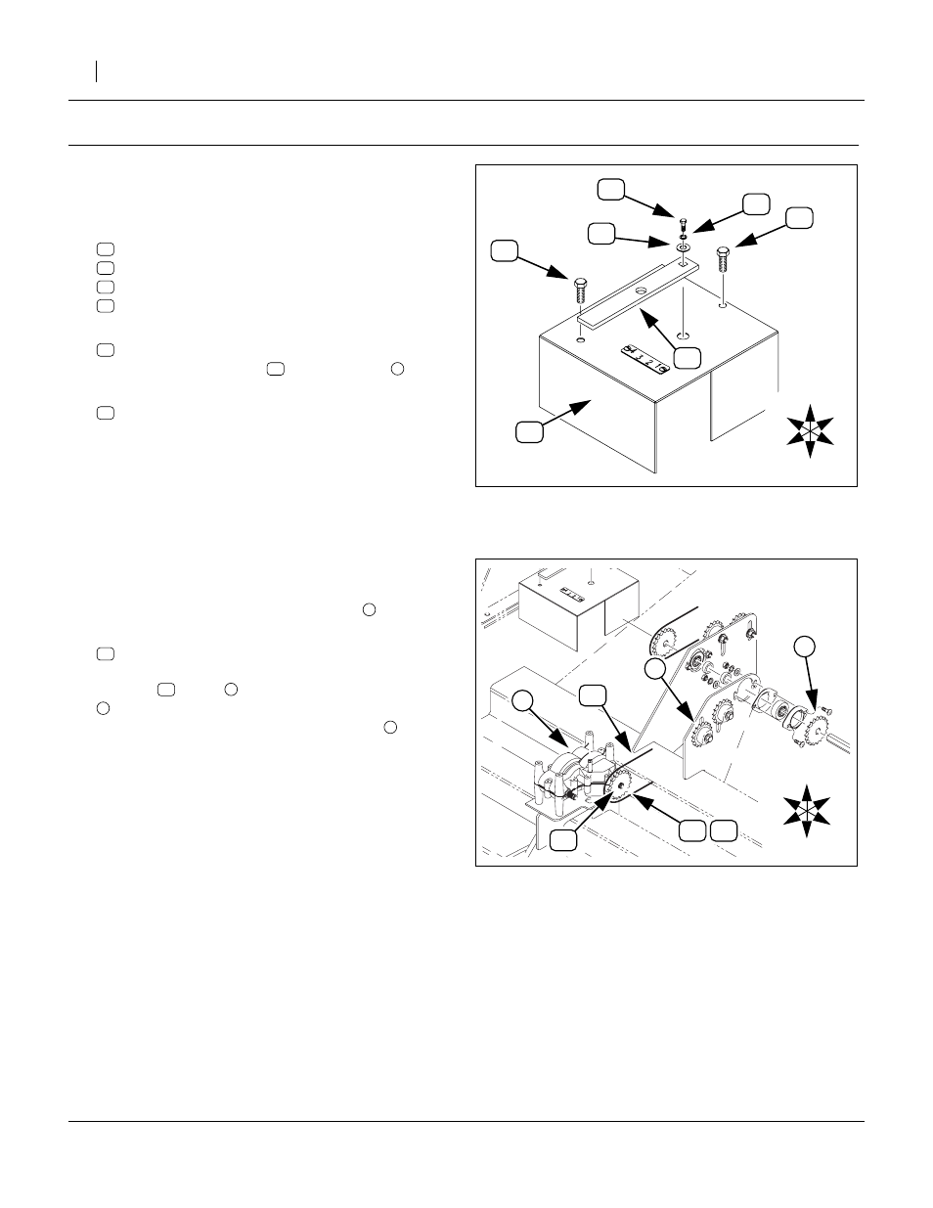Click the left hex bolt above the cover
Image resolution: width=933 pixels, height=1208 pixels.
pyautogui.click(x=578, y=291)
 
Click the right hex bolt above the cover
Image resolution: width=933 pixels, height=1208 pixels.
pyautogui.click(x=722, y=260)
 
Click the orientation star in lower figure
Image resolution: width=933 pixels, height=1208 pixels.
pyautogui.click(x=804, y=809)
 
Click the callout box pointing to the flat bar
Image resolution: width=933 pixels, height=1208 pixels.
pyautogui.click(x=690, y=358)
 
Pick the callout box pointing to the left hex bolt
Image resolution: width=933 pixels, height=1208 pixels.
pyautogui.click(x=504, y=250)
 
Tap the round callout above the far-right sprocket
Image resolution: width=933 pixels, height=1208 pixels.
pyautogui.click(x=804, y=646)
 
